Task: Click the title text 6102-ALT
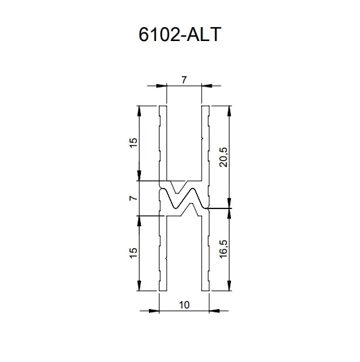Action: [181, 35]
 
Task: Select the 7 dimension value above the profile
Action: [184, 80]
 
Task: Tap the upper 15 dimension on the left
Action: [134, 142]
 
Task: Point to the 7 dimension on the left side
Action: [134, 198]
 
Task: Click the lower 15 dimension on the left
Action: [134, 252]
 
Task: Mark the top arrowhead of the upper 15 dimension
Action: [140, 110]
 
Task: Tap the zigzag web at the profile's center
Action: [184, 198]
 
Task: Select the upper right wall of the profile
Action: [205, 142]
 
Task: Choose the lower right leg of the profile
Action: [205, 255]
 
